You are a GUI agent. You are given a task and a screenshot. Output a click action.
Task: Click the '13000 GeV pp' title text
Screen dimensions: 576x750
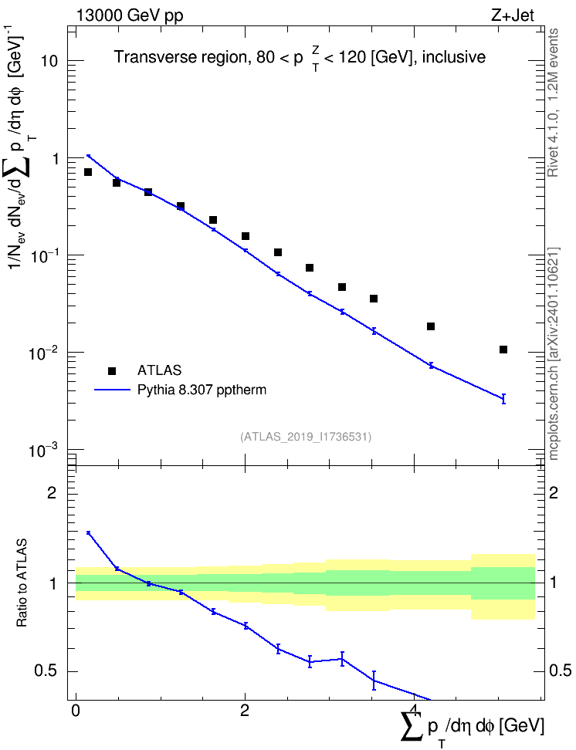130,15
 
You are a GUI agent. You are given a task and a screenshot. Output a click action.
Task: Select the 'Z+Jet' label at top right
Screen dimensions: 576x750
512,15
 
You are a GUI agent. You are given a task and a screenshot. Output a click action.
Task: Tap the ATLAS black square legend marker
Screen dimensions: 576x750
112,370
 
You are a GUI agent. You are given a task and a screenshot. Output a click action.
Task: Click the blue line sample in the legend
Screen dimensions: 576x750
113,390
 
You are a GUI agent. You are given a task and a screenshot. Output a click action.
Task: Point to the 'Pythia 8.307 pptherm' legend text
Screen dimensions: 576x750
202,390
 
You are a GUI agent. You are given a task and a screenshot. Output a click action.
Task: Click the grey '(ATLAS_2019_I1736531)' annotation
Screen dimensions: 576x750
306,436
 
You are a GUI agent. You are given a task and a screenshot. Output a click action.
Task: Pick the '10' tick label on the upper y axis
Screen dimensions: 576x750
49,61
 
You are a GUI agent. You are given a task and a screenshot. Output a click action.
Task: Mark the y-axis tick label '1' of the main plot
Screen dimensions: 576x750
55,158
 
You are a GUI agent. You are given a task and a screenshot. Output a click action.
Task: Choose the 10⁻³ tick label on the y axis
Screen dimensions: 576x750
42,450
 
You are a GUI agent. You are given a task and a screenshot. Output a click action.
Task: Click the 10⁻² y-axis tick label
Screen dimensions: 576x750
42,353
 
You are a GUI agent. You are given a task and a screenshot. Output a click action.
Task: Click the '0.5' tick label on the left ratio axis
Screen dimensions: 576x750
46,671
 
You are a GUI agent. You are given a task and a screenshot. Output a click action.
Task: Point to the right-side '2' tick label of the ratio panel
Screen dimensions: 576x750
553,492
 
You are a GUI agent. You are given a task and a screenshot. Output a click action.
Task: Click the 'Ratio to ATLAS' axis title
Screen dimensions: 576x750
22,583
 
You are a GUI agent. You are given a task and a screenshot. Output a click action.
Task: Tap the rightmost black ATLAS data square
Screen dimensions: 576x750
503,350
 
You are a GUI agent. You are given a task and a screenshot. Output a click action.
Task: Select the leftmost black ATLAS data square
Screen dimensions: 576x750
88,172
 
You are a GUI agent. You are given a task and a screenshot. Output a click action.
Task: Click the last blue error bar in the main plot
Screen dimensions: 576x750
503,398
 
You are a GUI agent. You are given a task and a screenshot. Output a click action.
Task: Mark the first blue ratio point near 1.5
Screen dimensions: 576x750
88,532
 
